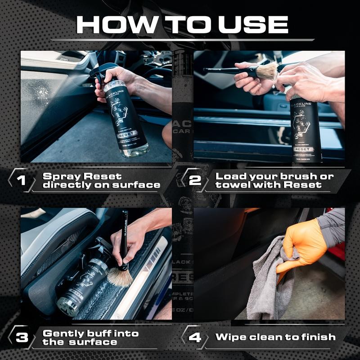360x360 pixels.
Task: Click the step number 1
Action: coord(20,180)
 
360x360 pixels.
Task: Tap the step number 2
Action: coord(195,180)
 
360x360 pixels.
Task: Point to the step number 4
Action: coord(195,337)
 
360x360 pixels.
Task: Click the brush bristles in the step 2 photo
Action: coord(267,71)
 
